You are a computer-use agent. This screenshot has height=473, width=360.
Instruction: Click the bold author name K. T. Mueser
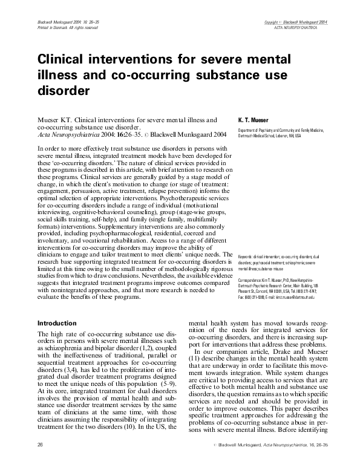coord(254,121)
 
